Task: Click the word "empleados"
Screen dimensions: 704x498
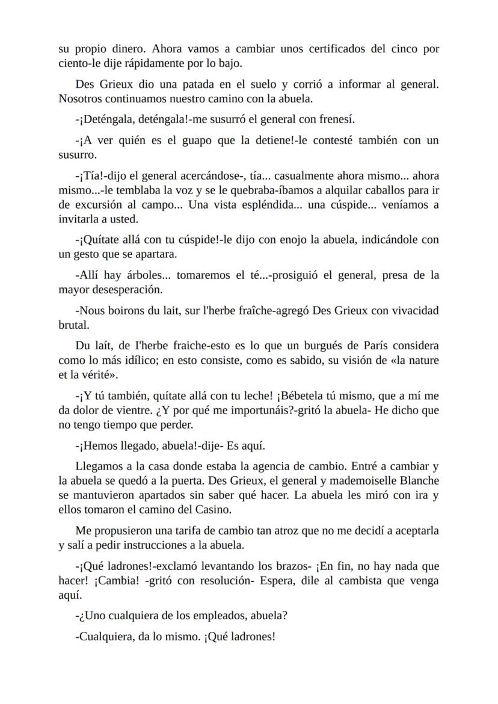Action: click(223, 615)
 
